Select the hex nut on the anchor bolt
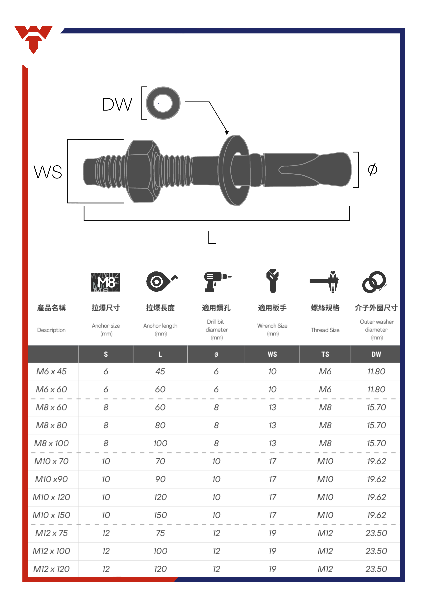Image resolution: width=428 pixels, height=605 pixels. click(x=139, y=171)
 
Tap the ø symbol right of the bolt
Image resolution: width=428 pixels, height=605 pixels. click(x=372, y=169)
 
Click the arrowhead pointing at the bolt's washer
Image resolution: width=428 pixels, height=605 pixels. click(x=227, y=133)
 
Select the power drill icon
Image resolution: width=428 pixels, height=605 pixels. click(x=217, y=282)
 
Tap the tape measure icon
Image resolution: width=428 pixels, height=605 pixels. click(x=161, y=281)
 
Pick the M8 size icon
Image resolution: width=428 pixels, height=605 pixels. click(x=106, y=282)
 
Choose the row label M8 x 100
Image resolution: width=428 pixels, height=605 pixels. click(x=51, y=443)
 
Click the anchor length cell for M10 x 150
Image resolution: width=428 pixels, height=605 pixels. click(x=160, y=515)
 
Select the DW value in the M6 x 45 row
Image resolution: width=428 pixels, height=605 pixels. click(x=376, y=371)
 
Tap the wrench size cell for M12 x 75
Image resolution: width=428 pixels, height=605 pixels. click(x=272, y=533)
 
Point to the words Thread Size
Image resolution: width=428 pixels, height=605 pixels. click(x=325, y=330)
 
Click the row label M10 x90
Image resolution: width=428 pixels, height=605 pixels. click(x=51, y=479)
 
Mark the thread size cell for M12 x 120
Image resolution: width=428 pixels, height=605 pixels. click(x=325, y=569)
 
